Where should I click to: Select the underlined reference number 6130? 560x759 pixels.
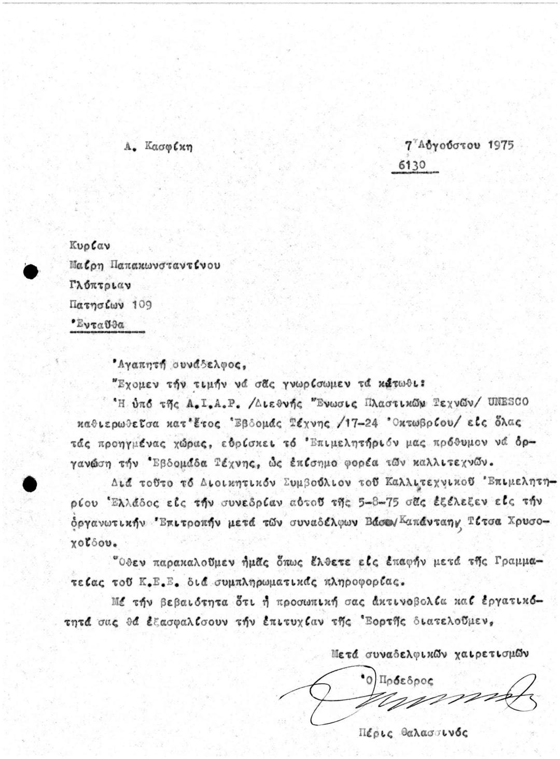tap(412, 165)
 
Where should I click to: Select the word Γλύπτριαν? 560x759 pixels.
tap(100, 285)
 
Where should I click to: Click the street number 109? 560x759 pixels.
tap(142, 305)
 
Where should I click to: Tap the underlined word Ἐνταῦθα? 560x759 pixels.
tap(99, 325)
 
